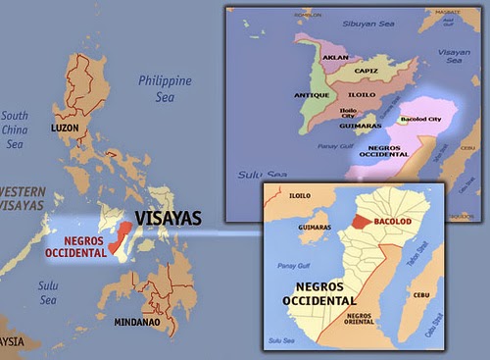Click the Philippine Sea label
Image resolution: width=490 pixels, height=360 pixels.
pos(165,88)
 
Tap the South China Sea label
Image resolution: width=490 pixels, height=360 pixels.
pos(15,129)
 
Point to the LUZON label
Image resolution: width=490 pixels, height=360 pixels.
pos(67,156)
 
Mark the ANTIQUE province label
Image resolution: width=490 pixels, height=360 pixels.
pos(311,95)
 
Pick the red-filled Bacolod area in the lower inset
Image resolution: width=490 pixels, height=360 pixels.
pos(363,223)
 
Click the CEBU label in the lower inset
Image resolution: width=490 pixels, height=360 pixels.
pos(423,293)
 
